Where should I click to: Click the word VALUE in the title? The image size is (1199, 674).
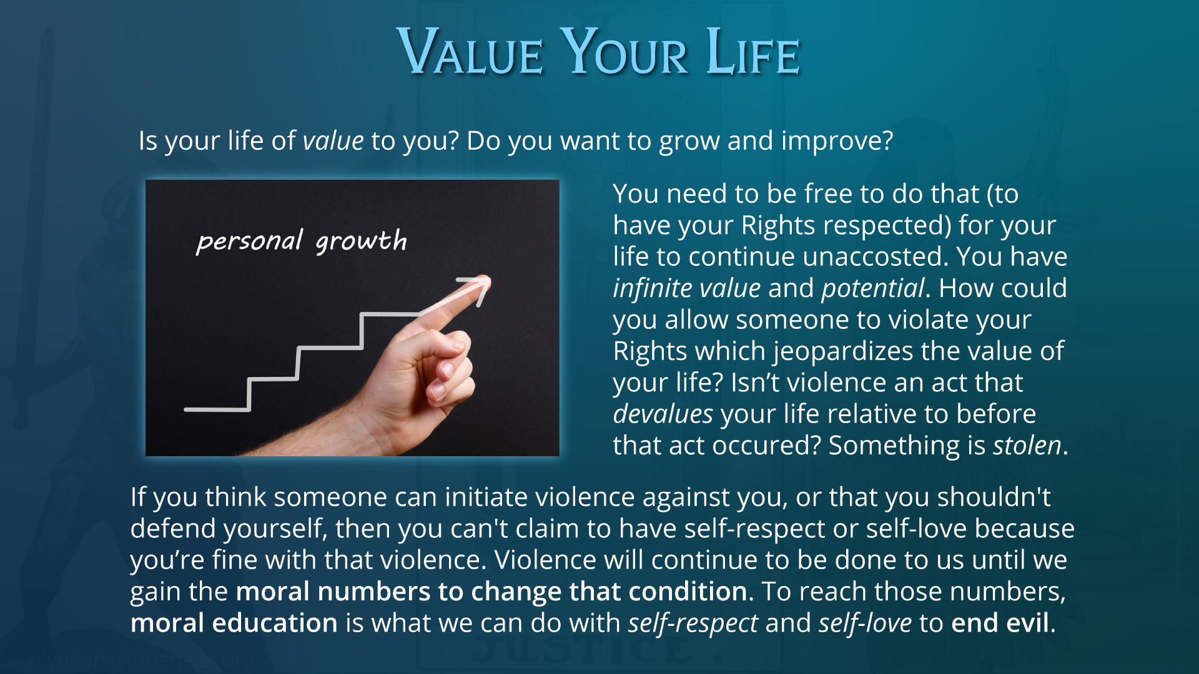pos(470,52)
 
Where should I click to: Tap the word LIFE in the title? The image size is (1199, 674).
pos(753,52)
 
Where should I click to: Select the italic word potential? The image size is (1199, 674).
pos(872,288)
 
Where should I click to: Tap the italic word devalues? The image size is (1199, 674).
pos(663,414)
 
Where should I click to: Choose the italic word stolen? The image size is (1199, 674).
pos(1027,446)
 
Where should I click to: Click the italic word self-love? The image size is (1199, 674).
pos(865,623)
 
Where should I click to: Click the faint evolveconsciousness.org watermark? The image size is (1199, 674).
pos(130,660)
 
